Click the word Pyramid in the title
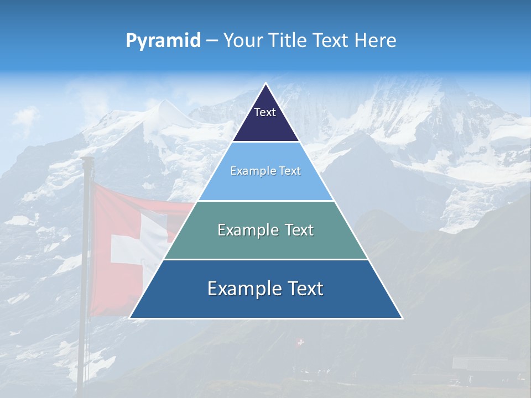[x=163, y=41]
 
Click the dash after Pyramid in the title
[x=211, y=41]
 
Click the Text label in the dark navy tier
[x=265, y=112]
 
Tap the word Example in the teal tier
[x=247, y=230]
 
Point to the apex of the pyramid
[x=265, y=84]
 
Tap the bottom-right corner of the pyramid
[x=402, y=318]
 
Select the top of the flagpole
[x=86, y=160]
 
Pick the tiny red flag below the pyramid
[x=300, y=343]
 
